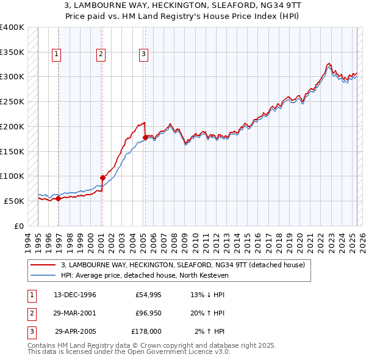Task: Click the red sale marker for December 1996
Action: (59, 198)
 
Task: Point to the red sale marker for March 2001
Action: (102, 178)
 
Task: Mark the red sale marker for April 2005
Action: (145, 137)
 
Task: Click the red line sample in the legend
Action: (43, 265)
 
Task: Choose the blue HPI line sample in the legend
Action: (43, 275)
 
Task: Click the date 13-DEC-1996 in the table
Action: (74, 295)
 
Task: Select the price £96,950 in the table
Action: (146, 313)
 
